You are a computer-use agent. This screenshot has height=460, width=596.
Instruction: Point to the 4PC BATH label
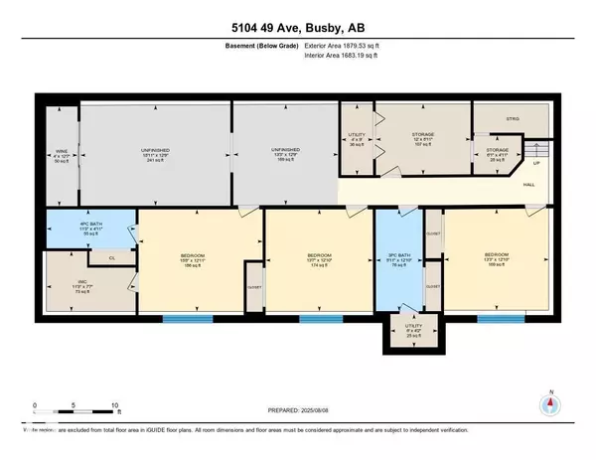click(x=89, y=227)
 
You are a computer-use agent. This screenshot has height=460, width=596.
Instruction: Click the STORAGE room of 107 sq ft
click(x=424, y=137)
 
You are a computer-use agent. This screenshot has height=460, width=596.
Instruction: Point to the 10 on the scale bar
click(x=115, y=405)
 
